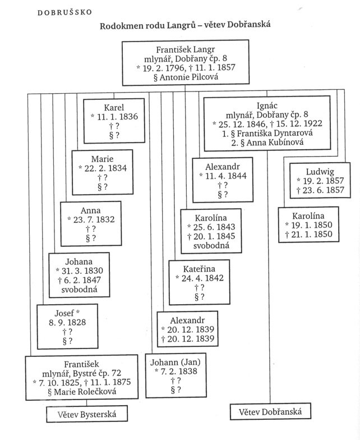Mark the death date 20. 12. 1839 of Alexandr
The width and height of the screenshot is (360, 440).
pos(188,339)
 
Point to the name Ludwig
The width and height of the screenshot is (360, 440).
pos(320,171)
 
